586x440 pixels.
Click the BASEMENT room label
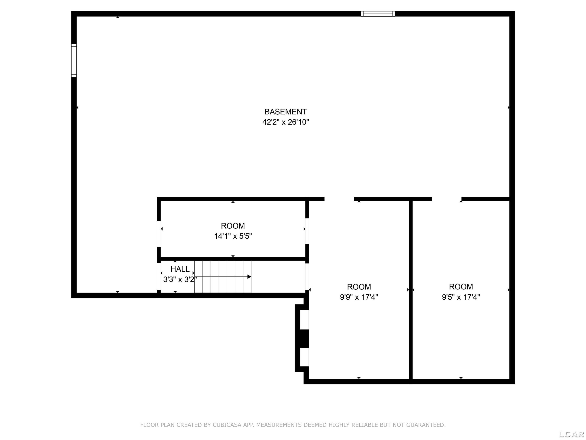[x=286, y=112]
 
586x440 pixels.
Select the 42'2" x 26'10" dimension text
[x=286, y=122]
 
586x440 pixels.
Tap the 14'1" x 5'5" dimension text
[x=233, y=236]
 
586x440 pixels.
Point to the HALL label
[x=180, y=269]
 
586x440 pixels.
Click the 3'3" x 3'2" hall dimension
[x=180, y=279]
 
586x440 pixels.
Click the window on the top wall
[x=378, y=14]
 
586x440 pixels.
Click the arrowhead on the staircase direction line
[x=249, y=277]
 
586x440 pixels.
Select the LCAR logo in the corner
[x=571, y=434]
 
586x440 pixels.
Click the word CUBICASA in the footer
[x=227, y=425]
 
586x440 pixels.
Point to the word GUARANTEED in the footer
[x=426, y=425]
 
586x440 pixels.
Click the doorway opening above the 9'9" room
[x=339, y=199]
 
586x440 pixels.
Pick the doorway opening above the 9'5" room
[x=447, y=199]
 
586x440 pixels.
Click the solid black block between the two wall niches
[x=304, y=339]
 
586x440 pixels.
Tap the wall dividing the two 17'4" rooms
[x=411, y=290]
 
